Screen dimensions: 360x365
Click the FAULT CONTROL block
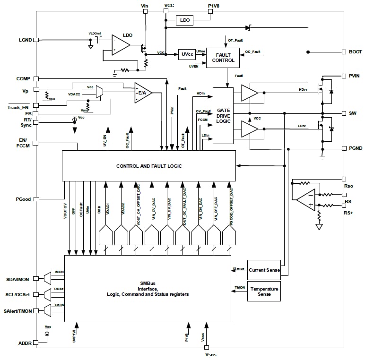[223, 57]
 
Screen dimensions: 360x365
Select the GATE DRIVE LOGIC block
[223, 116]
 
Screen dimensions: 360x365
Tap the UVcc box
[187, 54]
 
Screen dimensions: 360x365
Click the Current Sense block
[264, 269]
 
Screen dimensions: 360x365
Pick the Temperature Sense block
[264, 291]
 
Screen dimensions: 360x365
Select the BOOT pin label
[355, 52]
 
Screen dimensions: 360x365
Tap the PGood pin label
[23, 199]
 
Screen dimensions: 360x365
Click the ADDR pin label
[25, 343]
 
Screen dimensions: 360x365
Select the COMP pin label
[23, 79]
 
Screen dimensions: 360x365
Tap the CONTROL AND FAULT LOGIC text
[149, 166]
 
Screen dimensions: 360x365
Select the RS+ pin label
[349, 213]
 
